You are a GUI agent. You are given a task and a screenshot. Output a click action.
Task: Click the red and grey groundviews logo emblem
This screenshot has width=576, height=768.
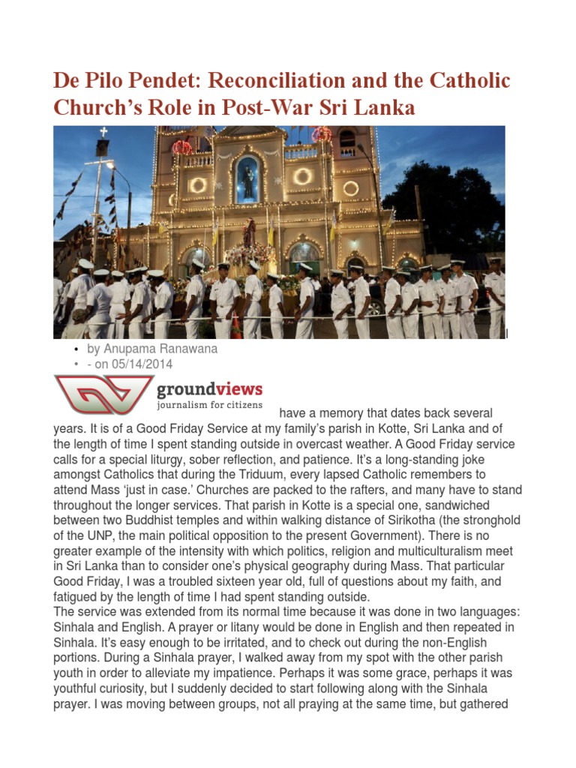[102, 395]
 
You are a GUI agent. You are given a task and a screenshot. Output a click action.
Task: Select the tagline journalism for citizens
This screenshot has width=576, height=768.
[209, 406]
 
